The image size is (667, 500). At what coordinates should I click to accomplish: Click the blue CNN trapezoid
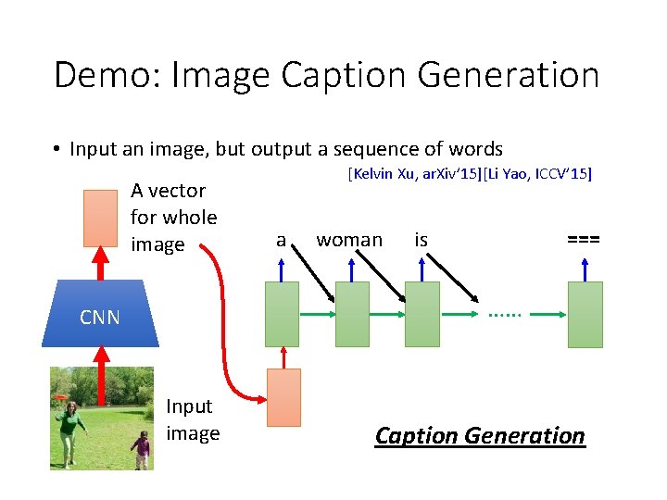pyautogui.click(x=100, y=316)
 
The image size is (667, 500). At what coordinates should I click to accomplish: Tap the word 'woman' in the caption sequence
pyautogui.click(x=349, y=241)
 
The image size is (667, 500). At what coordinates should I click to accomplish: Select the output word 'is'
pyautogui.click(x=422, y=241)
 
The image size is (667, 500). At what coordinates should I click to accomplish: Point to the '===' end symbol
pyautogui.click(x=584, y=240)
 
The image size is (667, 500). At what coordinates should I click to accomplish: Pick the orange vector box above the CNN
pyautogui.click(x=100, y=219)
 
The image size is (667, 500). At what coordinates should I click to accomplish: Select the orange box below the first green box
pyautogui.click(x=283, y=397)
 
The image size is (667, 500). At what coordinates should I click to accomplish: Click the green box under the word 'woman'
pyautogui.click(x=352, y=314)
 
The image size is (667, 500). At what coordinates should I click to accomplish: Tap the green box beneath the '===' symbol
pyautogui.click(x=585, y=314)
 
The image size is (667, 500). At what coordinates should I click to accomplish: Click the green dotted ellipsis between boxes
pyautogui.click(x=506, y=314)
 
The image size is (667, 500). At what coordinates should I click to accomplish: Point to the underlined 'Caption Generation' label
pyautogui.click(x=480, y=435)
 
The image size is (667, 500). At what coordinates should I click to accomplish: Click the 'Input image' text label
pyautogui.click(x=192, y=419)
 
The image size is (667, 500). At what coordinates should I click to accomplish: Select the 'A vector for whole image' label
pyautogui.click(x=174, y=218)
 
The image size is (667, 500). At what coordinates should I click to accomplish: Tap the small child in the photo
pyautogui.click(x=141, y=449)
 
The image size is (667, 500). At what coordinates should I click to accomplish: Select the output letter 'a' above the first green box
pyautogui.click(x=281, y=241)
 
